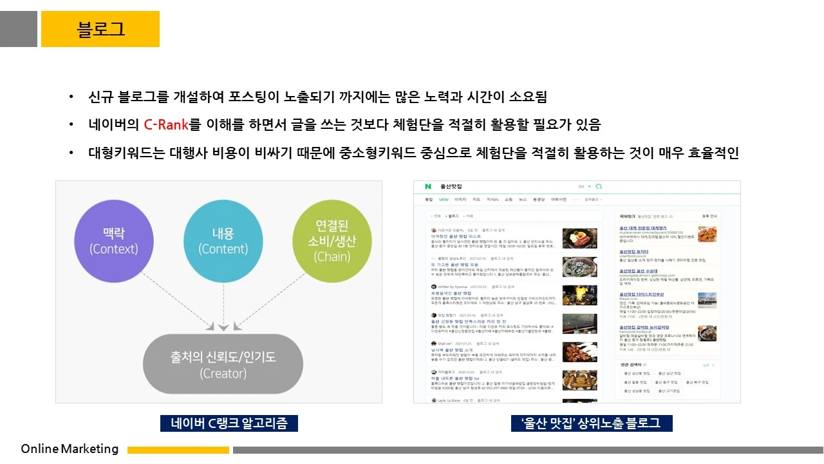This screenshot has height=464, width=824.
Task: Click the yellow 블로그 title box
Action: click(x=100, y=29)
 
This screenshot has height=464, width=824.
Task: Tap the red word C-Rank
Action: click(x=165, y=124)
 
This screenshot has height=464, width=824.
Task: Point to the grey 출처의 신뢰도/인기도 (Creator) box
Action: click(x=223, y=364)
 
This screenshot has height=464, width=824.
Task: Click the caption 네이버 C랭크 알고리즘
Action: click(x=229, y=423)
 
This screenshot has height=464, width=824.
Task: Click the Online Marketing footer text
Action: click(x=70, y=449)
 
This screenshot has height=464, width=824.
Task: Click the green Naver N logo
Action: click(x=427, y=187)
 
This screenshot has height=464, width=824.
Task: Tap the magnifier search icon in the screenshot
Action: click(x=599, y=187)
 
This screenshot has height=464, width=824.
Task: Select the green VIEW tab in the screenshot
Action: click(x=444, y=200)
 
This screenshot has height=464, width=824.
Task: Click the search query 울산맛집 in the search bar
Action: click(x=451, y=187)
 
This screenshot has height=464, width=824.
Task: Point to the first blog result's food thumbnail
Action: click(x=579, y=238)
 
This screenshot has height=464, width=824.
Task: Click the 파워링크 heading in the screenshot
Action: click(x=625, y=217)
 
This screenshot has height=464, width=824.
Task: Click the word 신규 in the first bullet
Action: click(x=100, y=98)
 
